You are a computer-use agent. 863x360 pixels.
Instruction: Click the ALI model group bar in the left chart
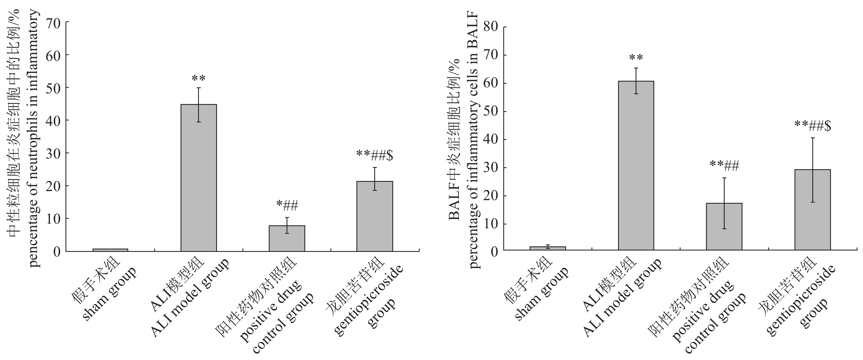coord(199,177)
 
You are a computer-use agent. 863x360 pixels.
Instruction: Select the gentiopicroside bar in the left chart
coord(375,216)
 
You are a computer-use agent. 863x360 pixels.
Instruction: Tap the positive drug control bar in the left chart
coord(287,238)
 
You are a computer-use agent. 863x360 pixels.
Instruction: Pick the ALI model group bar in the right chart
coord(636,165)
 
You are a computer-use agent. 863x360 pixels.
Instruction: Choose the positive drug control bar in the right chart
coord(724,226)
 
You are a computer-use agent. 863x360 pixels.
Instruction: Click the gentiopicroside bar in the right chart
coord(812,210)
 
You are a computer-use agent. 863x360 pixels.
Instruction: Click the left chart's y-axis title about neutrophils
coord(24,137)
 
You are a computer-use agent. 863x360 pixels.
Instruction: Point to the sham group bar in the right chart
coord(548,248)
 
